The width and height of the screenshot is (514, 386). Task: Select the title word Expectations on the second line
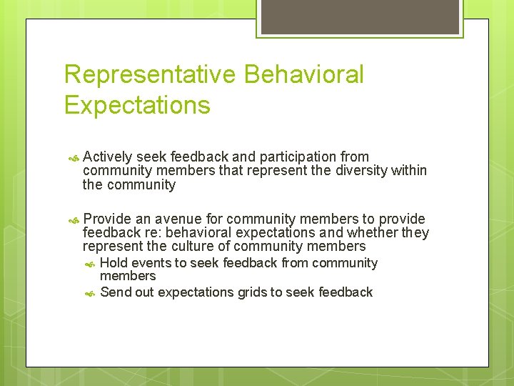(x=137, y=106)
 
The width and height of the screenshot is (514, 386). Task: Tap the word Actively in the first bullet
(x=107, y=157)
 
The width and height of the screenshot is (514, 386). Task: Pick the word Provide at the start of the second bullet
(x=107, y=219)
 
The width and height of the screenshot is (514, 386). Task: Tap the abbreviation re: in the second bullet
(x=151, y=233)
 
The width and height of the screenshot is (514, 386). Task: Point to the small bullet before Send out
(x=90, y=292)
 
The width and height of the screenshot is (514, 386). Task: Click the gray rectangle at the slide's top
(x=360, y=16)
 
